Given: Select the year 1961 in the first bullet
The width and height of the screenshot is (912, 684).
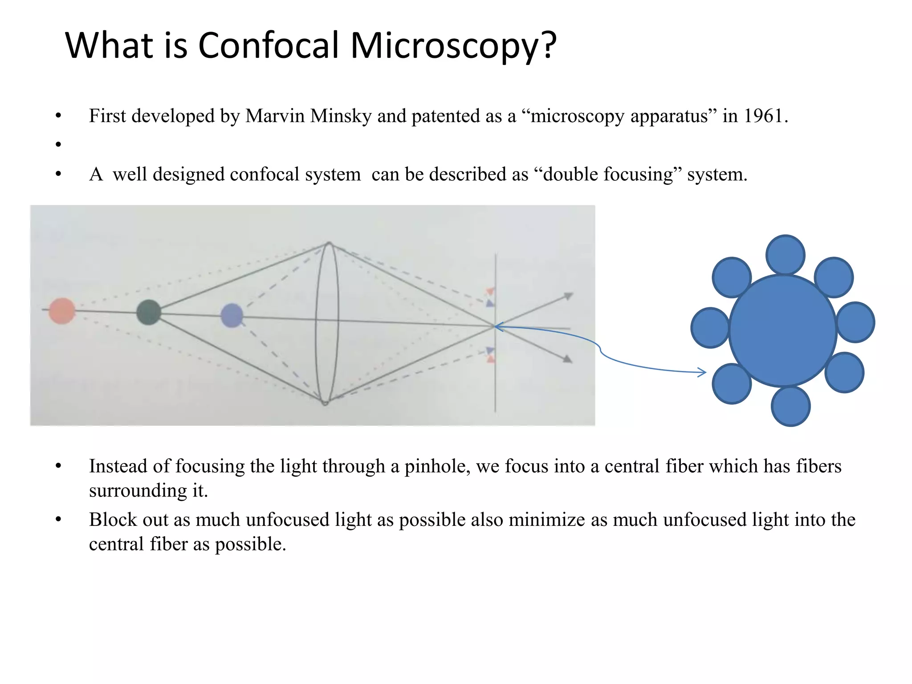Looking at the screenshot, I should tap(763, 116).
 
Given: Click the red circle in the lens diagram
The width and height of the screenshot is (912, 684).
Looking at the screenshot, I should tap(62, 311).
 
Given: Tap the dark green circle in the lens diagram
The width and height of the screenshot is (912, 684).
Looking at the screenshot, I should tap(148, 312).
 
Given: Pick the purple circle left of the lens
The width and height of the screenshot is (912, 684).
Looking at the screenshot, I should tap(232, 315).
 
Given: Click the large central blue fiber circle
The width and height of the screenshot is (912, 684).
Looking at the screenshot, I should tap(782, 330).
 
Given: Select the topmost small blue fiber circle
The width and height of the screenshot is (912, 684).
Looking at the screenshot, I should tap(785, 255).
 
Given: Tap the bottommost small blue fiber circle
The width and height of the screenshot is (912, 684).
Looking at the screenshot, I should tap(790, 406).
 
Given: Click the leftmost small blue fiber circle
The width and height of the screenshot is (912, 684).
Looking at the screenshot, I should tap(710, 328).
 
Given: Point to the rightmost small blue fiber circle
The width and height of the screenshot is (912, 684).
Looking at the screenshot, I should tap(855, 322).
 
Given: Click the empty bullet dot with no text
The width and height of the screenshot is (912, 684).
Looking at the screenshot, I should tap(58, 144).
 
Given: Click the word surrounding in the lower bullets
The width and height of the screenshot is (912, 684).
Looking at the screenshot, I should tap(138, 491).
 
